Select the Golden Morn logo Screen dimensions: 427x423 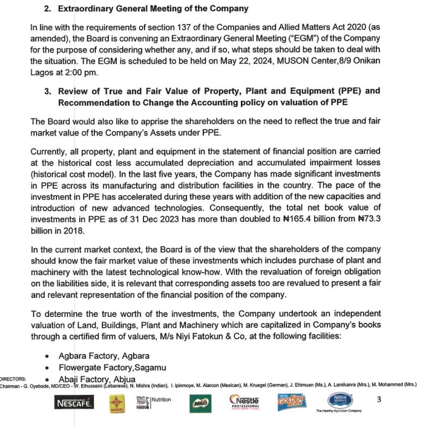pos(292,402)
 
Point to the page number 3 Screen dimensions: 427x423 pos(379,399)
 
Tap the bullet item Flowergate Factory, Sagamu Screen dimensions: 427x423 pos(112,367)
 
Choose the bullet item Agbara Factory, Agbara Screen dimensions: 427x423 pos(103,356)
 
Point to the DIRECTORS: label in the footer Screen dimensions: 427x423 pos(12,379)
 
